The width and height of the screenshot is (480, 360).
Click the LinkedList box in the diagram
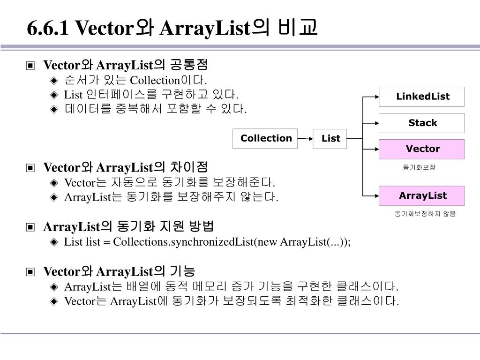[x=421, y=97]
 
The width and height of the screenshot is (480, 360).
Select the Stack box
[x=421, y=123]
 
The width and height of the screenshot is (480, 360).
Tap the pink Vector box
[x=421, y=149]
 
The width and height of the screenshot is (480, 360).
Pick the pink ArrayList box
[x=421, y=195]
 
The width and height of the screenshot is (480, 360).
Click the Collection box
[x=265, y=138]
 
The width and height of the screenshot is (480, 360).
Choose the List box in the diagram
[x=330, y=139]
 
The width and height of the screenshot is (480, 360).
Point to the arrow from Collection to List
[x=305, y=139]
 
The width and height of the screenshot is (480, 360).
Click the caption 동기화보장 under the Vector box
[x=419, y=167]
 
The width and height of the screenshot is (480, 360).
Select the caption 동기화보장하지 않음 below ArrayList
[x=425, y=214]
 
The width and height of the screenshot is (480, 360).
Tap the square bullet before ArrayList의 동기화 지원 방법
[x=30, y=227]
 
